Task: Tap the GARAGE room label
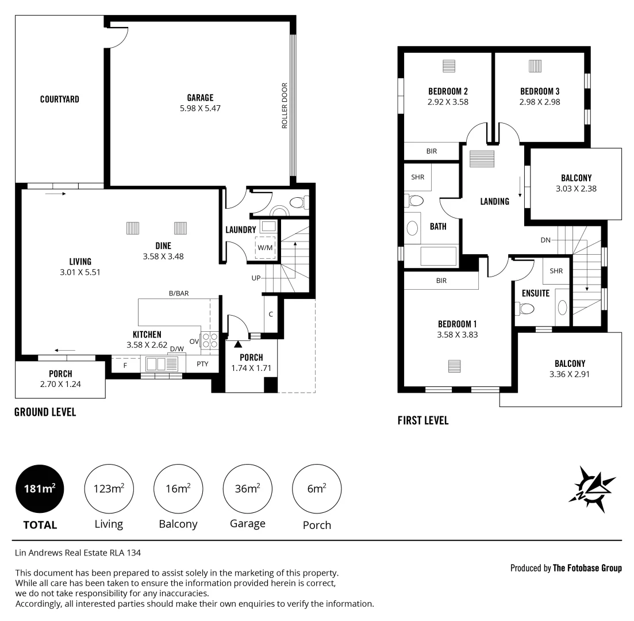coord(200,97)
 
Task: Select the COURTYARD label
coord(60,99)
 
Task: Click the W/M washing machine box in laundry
coord(265,247)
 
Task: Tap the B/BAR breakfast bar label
coord(179,293)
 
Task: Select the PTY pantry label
coord(202,363)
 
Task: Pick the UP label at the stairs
coord(256,278)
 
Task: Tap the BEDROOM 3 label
coord(540,91)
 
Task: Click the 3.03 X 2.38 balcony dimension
coord(576,187)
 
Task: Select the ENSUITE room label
coord(536,293)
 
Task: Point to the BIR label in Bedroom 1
coord(441,281)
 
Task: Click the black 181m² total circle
coord(40,489)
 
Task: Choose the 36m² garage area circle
coord(248,489)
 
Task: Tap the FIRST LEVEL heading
coord(423,421)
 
